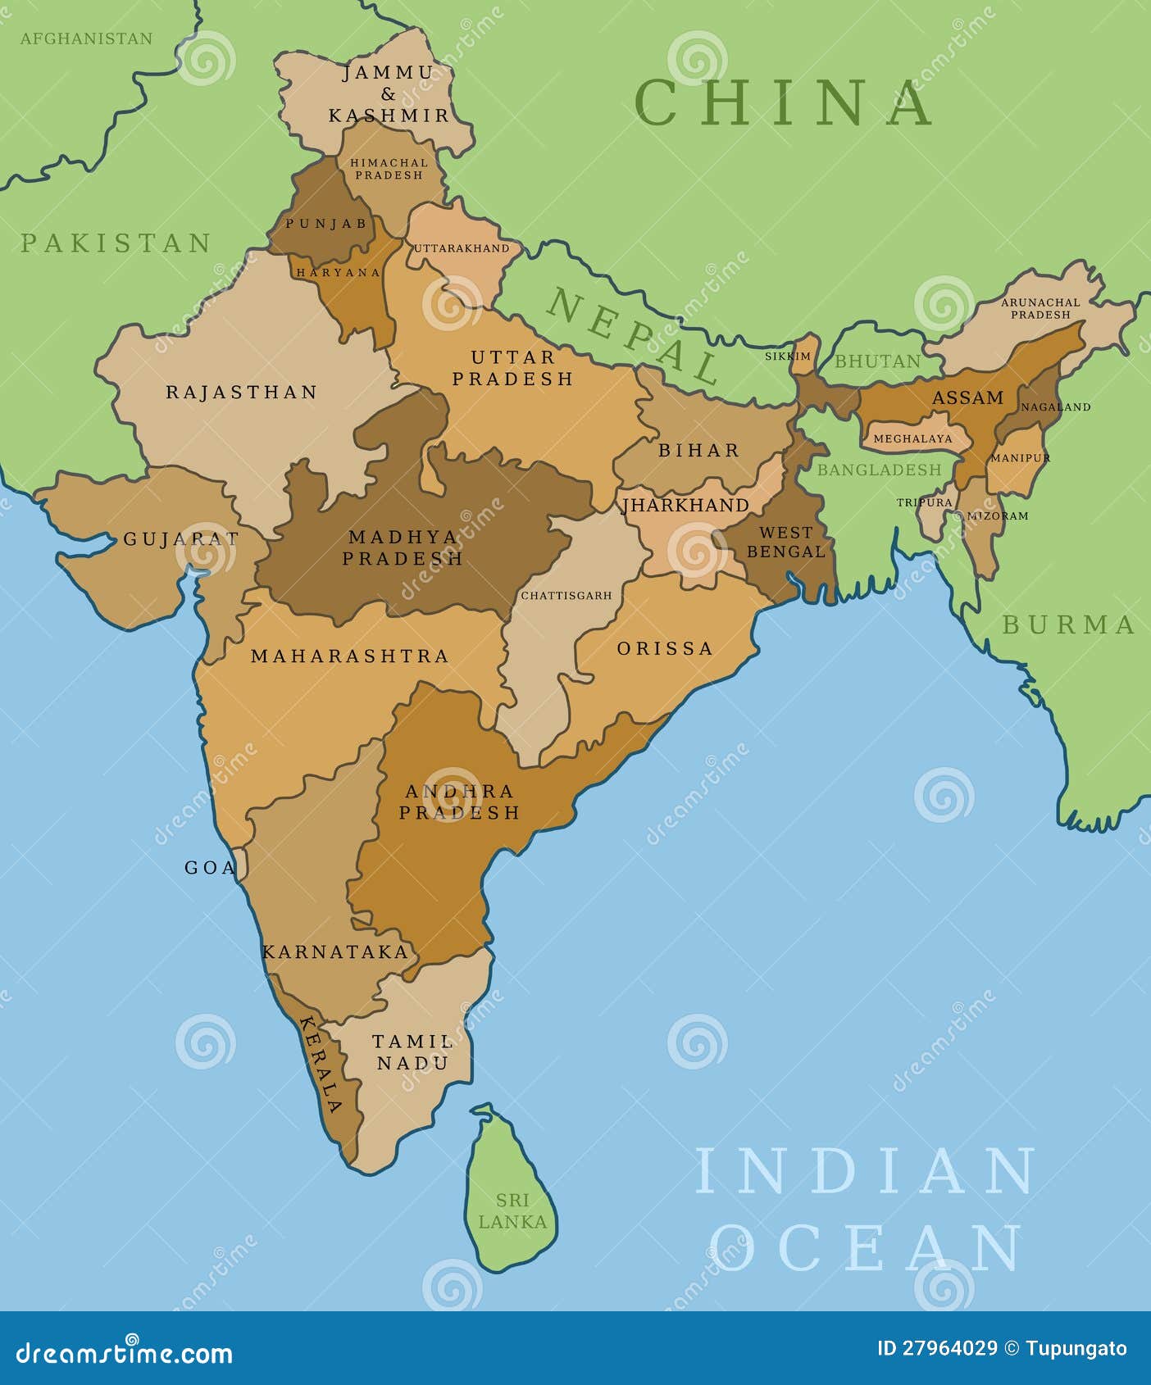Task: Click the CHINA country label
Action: (783, 102)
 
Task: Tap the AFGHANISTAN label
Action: (86, 39)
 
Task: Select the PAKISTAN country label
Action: (116, 243)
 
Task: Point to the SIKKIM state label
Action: (787, 356)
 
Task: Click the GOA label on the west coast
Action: (210, 868)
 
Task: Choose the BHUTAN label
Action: (877, 361)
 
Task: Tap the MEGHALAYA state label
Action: (912, 438)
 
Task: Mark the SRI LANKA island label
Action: (512, 1210)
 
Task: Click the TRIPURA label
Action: (924, 502)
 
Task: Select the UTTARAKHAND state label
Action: (462, 248)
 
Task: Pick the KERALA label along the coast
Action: (321, 1064)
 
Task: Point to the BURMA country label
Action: (1068, 625)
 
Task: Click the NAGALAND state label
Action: (1055, 406)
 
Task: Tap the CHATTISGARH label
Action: (566, 596)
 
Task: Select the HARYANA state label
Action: (339, 272)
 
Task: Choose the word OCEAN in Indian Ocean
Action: (867, 1247)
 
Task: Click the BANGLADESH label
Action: (879, 470)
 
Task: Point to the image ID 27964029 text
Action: (937, 1349)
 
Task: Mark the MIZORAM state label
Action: (997, 516)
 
